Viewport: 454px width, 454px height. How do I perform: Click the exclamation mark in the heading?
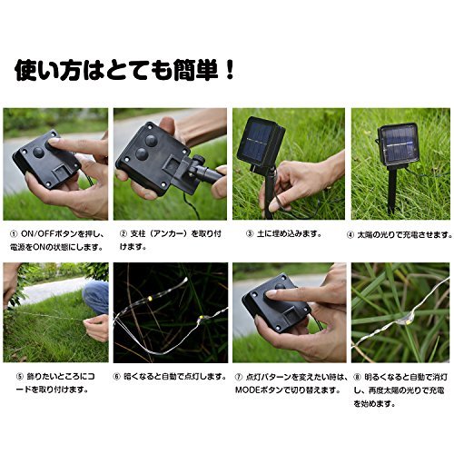[230, 71]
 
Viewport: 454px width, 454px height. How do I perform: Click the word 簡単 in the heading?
[196, 71]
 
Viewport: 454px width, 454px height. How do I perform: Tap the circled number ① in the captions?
[14, 234]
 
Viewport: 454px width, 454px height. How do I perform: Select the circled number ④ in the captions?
[350, 235]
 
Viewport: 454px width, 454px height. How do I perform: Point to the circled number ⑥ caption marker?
[117, 377]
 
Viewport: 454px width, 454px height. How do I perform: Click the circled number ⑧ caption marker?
[357, 378]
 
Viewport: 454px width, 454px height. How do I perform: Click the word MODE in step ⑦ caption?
[248, 390]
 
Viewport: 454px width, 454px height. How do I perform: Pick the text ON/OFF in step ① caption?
[38, 234]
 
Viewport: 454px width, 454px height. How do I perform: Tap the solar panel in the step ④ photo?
[399, 144]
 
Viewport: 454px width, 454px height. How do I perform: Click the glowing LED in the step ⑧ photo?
[408, 322]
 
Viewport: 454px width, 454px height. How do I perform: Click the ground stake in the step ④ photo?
[392, 189]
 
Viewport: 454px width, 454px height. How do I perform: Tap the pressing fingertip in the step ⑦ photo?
[271, 293]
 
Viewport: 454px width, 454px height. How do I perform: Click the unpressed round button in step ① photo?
[39, 152]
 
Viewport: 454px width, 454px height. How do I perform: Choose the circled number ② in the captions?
[123, 234]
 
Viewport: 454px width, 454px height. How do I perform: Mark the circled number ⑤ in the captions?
[20, 377]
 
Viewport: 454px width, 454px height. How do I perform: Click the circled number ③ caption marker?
[250, 234]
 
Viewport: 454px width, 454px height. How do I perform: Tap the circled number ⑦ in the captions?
[239, 377]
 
